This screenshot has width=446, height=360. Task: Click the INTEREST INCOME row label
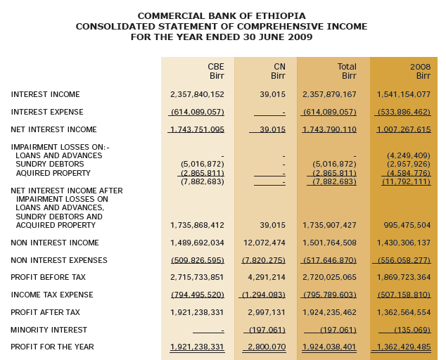click(45, 94)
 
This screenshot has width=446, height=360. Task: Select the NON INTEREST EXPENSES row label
click(59, 260)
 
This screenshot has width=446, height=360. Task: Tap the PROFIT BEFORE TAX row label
click(48, 277)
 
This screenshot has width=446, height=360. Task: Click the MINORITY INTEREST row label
click(49, 330)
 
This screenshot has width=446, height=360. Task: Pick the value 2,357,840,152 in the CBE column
click(197, 94)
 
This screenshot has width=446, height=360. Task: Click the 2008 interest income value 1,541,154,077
click(403, 94)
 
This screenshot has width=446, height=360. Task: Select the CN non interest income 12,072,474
click(264, 243)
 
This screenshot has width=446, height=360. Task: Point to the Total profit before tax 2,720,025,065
click(329, 277)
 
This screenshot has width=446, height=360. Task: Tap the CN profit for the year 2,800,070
click(267, 347)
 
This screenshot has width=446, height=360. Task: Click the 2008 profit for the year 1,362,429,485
click(403, 347)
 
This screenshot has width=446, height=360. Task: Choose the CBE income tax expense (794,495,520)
click(198, 295)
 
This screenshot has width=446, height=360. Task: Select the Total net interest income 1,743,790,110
click(329, 129)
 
